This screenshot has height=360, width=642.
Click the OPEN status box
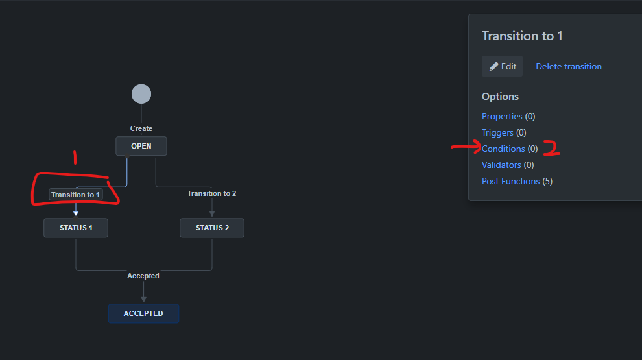point(141,146)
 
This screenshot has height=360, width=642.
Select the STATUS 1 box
point(76,228)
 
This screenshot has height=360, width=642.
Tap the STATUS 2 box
point(212,228)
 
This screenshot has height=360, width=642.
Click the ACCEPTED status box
point(143,313)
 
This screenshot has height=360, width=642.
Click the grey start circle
point(141,94)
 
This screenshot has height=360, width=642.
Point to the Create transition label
point(141,128)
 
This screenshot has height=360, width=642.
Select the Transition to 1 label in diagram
point(76,194)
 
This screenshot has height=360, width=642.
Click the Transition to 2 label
point(212,193)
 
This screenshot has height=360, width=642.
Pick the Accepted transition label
point(143,276)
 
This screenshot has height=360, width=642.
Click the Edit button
point(503,66)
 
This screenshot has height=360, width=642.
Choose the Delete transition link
point(569,66)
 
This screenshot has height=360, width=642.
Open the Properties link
point(502,116)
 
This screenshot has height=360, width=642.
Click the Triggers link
point(497,132)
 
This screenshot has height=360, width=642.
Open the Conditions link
point(503,149)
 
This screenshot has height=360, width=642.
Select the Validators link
point(501,165)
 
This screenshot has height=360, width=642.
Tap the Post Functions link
point(510,181)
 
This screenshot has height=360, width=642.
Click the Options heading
point(500,97)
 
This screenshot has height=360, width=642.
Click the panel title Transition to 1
point(522,36)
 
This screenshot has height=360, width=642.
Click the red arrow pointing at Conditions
point(465,148)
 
